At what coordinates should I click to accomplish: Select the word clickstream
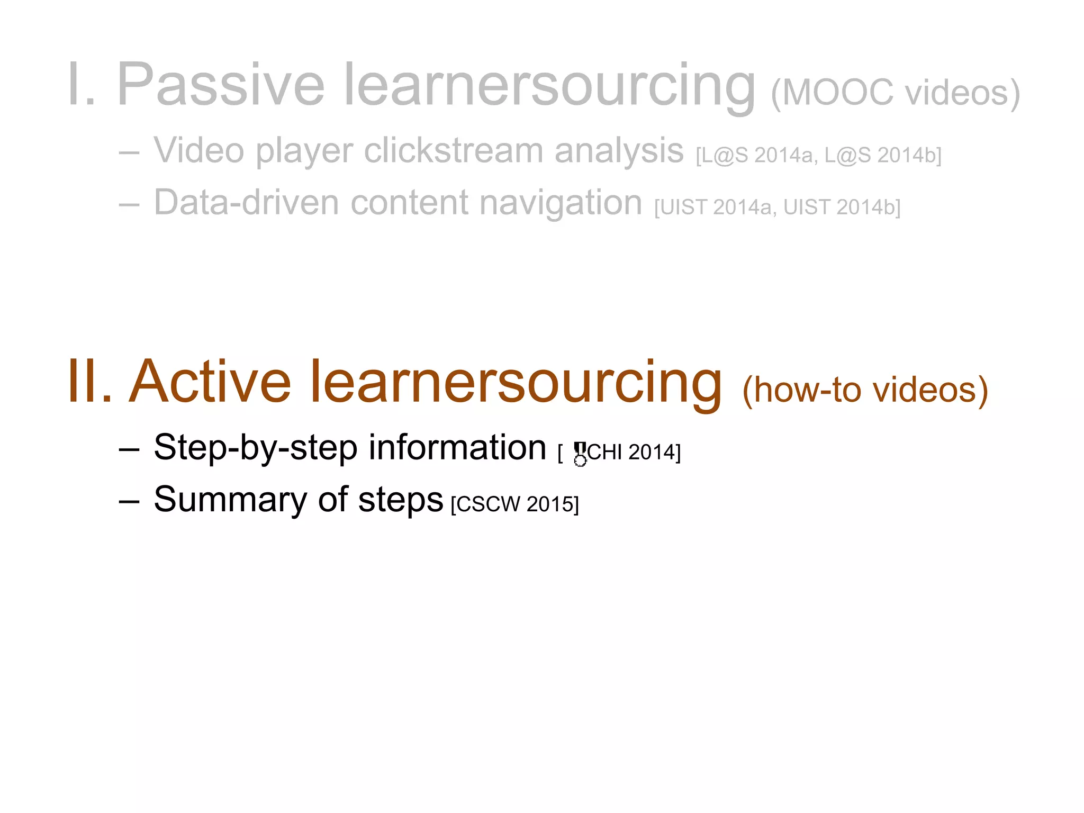tap(453, 150)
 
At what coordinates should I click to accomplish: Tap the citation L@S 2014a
tap(755, 156)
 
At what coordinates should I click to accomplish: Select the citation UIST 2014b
tap(842, 207)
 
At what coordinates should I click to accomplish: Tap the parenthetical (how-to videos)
tap(865, 391)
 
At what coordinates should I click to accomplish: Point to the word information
tap(457, 448)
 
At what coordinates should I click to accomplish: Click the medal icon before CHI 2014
tap(580, 454)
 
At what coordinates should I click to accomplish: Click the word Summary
tap(230, 499)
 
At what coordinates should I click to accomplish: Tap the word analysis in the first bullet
tap(619, 150)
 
